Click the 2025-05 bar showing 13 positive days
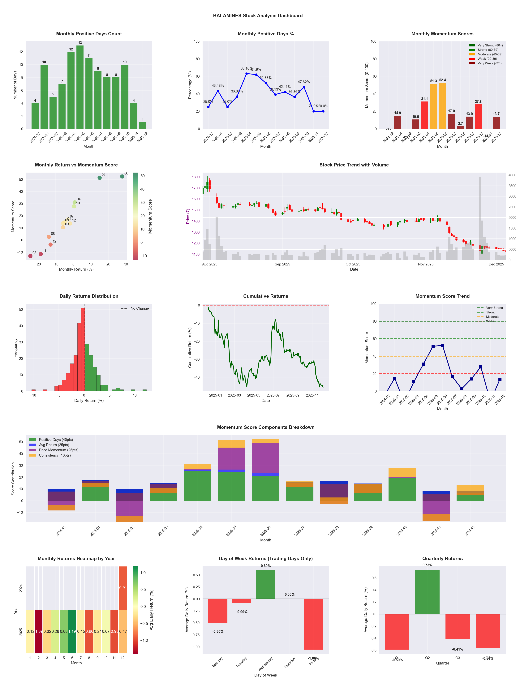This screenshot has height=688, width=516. [x=80, y=87]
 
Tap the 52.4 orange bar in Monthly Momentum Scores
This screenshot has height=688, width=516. [x=442, y=106]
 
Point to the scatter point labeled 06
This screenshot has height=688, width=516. [x=122, y=176]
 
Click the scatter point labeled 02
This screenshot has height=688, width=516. [x=30, y=256]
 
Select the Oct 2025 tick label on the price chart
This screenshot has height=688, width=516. [x=353, y=264]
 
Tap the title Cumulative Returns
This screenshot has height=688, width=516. [x=266, y=296]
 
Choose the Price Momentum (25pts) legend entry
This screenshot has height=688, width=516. [x=58, y=450]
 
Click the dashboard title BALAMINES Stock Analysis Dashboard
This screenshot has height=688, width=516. [x=258, y=15]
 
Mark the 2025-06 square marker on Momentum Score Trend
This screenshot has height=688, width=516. [x=443, y=346]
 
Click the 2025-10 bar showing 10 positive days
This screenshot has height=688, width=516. [x=125, y=97]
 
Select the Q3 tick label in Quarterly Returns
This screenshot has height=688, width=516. [x=458, y=658]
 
